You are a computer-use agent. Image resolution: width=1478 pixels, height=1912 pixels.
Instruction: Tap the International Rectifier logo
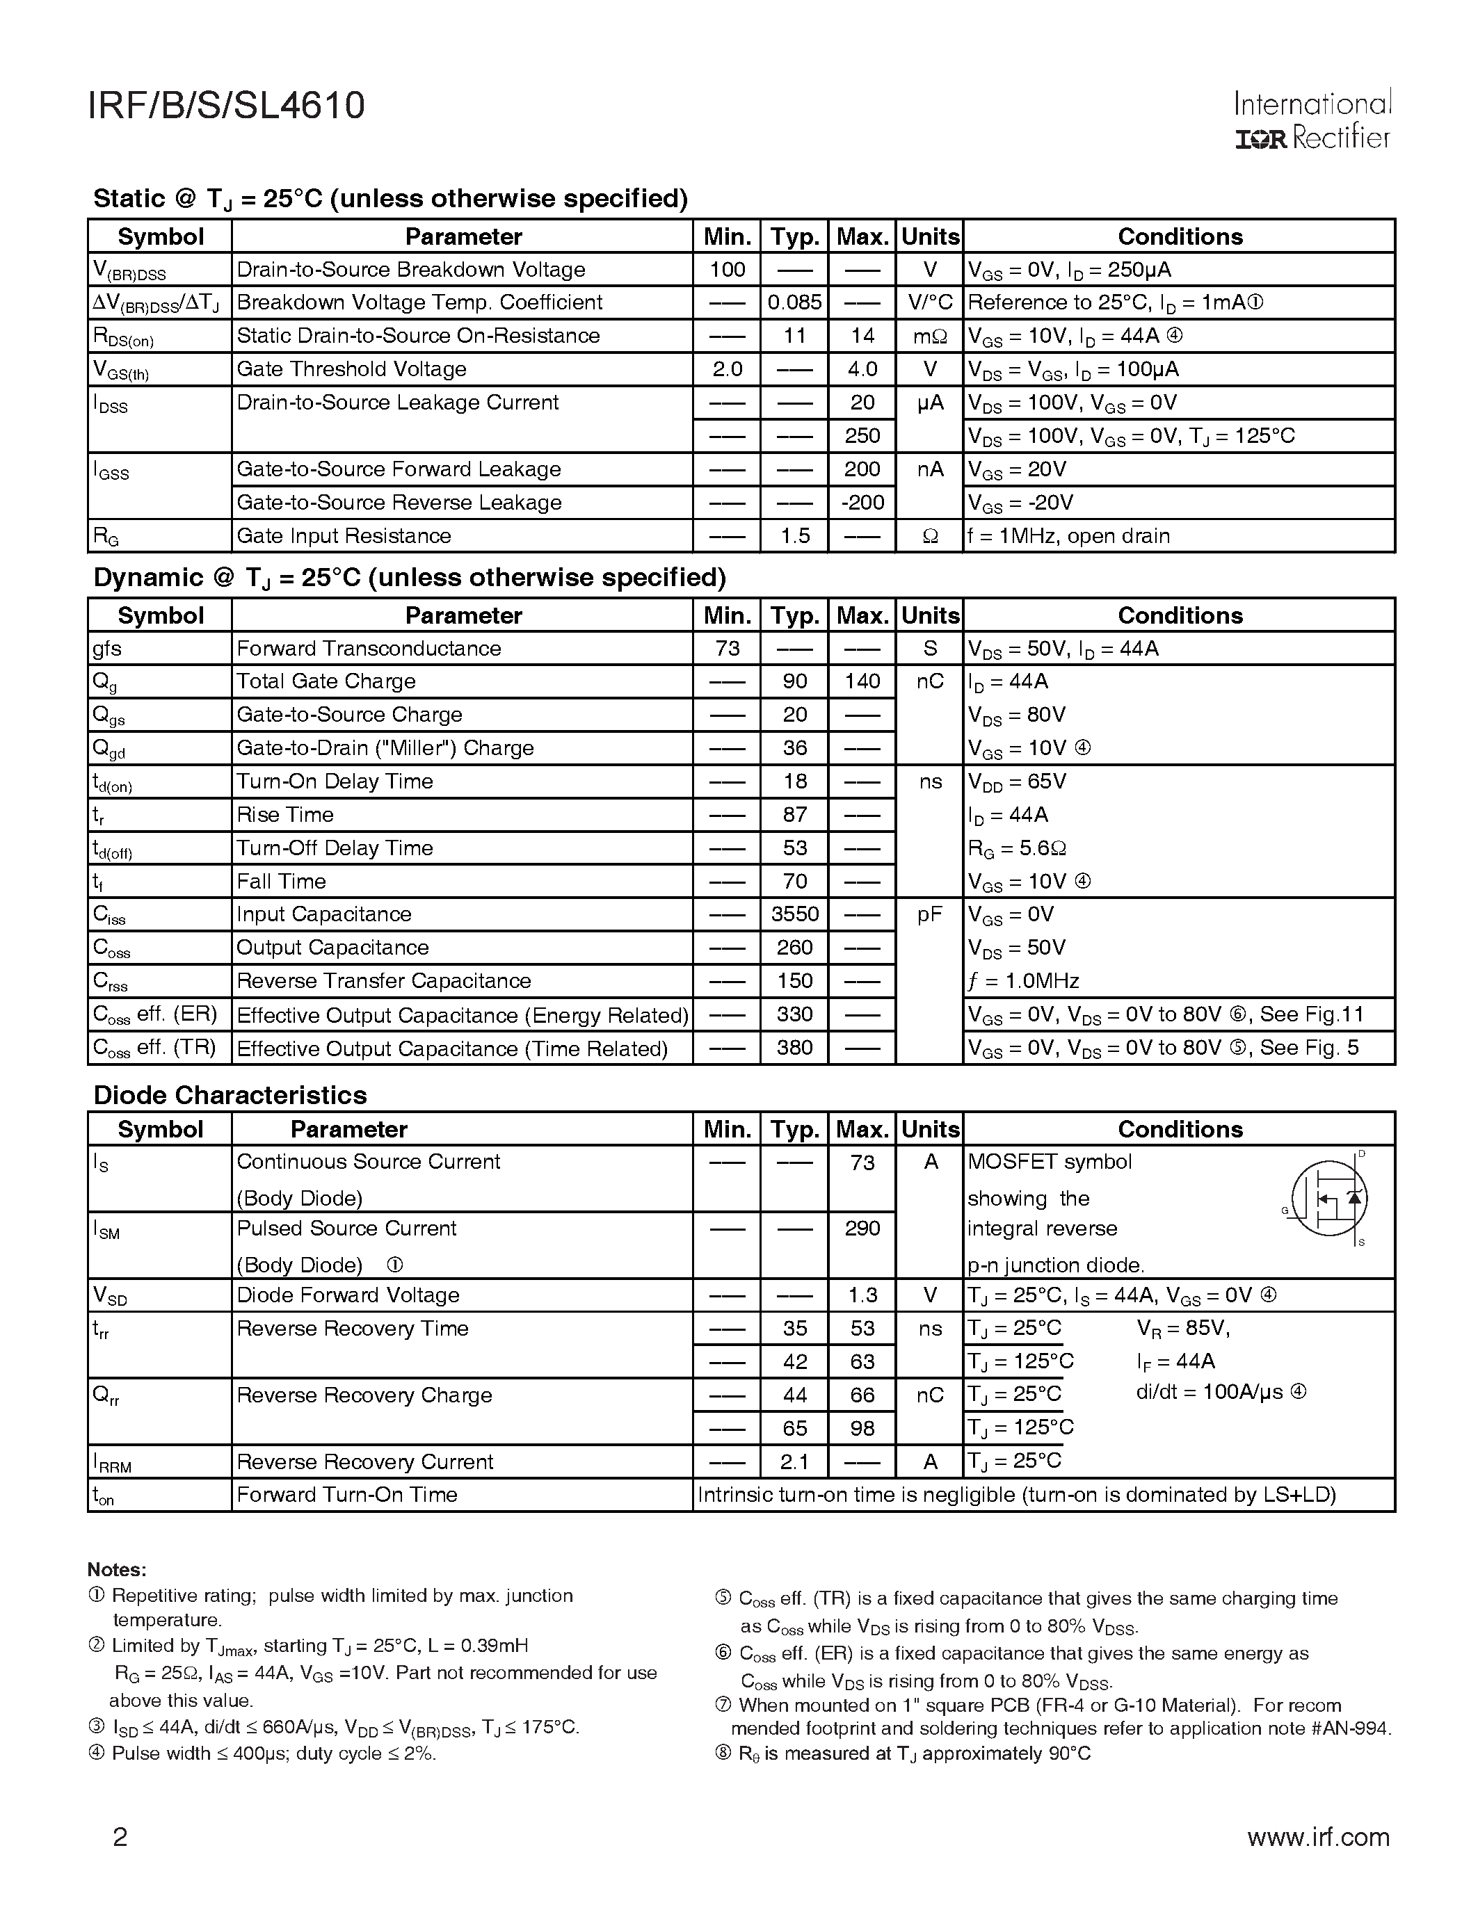point(1312,121)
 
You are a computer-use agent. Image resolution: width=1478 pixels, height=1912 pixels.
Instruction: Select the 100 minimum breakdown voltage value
point(727,270)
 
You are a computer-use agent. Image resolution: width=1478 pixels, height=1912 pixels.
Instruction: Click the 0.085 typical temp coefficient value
point(794,303)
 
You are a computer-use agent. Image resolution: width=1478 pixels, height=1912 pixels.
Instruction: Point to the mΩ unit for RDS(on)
point(930,337)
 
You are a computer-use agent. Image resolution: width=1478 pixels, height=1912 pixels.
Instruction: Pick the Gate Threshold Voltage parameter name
point(351,369)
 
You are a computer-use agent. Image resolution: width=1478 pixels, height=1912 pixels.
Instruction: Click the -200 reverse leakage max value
point(862,503)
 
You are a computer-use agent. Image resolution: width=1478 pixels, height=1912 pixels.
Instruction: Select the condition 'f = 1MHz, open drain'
point(1068,536)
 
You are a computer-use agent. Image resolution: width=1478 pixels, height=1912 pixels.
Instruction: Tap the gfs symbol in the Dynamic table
point(107,649)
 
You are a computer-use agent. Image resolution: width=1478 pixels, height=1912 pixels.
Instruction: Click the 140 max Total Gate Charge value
point(862,681)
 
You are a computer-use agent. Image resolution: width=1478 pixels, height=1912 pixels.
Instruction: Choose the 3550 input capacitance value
point(794,914)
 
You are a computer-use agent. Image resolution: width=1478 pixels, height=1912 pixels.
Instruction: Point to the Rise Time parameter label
point(284,815)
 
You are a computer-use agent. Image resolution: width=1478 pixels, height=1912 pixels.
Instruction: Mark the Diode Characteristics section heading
point(230,1095)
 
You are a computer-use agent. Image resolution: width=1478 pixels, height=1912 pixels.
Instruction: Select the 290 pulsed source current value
point(862,1229)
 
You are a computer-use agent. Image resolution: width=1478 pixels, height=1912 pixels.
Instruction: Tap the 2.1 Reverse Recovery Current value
point(794,1461)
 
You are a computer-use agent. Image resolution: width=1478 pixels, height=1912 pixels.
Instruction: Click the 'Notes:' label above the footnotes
point(116,1570)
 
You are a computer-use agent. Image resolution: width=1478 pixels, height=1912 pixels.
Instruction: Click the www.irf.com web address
point(1318,1837)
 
